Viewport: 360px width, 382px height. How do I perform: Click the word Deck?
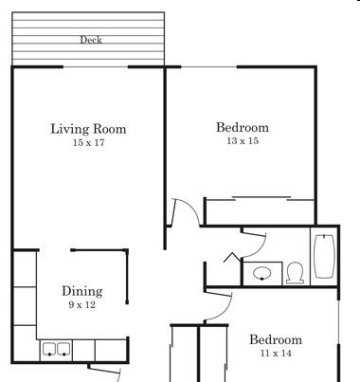click(91, 40)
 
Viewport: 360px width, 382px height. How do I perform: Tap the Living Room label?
click(88, 129)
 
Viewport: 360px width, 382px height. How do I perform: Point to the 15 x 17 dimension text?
click(88, 142)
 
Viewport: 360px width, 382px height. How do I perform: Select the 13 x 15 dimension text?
click(243, 141)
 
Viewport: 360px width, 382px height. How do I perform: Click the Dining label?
click(82, 291)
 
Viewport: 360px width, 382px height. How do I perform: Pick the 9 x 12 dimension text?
click(82, 305)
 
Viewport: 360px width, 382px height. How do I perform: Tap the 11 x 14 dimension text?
click(276, 353)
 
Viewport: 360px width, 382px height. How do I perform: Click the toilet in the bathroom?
click(296, 273)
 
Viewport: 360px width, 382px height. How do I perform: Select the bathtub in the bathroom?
click(325, 256)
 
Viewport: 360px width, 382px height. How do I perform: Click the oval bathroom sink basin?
click(262, 273)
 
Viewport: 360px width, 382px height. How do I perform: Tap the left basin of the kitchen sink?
click(49, 349)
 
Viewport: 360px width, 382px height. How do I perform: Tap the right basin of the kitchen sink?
click(63, 349)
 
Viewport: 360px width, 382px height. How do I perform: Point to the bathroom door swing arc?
click(261, 249)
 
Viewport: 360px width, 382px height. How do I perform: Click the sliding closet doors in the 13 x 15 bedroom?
click(261, 198)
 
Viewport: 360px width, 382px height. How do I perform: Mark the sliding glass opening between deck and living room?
click(96, 66)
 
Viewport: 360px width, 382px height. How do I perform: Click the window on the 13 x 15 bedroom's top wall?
click(208, 66)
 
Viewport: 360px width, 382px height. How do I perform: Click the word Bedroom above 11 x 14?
click(276, 340)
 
